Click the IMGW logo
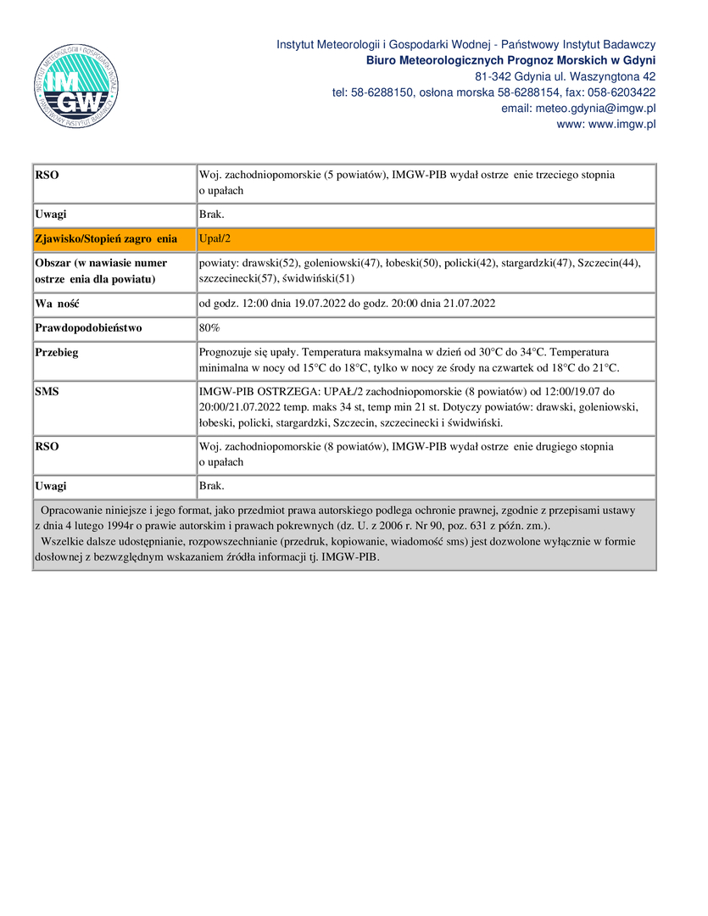point(76,86)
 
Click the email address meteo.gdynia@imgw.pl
point(602,109)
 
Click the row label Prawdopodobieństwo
point(88,327)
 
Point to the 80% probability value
point(209,327)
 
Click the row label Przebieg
point(57,352)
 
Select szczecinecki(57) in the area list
point(237,278)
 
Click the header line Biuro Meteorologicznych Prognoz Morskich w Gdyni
point(510,60)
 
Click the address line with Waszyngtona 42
point(566,76)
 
